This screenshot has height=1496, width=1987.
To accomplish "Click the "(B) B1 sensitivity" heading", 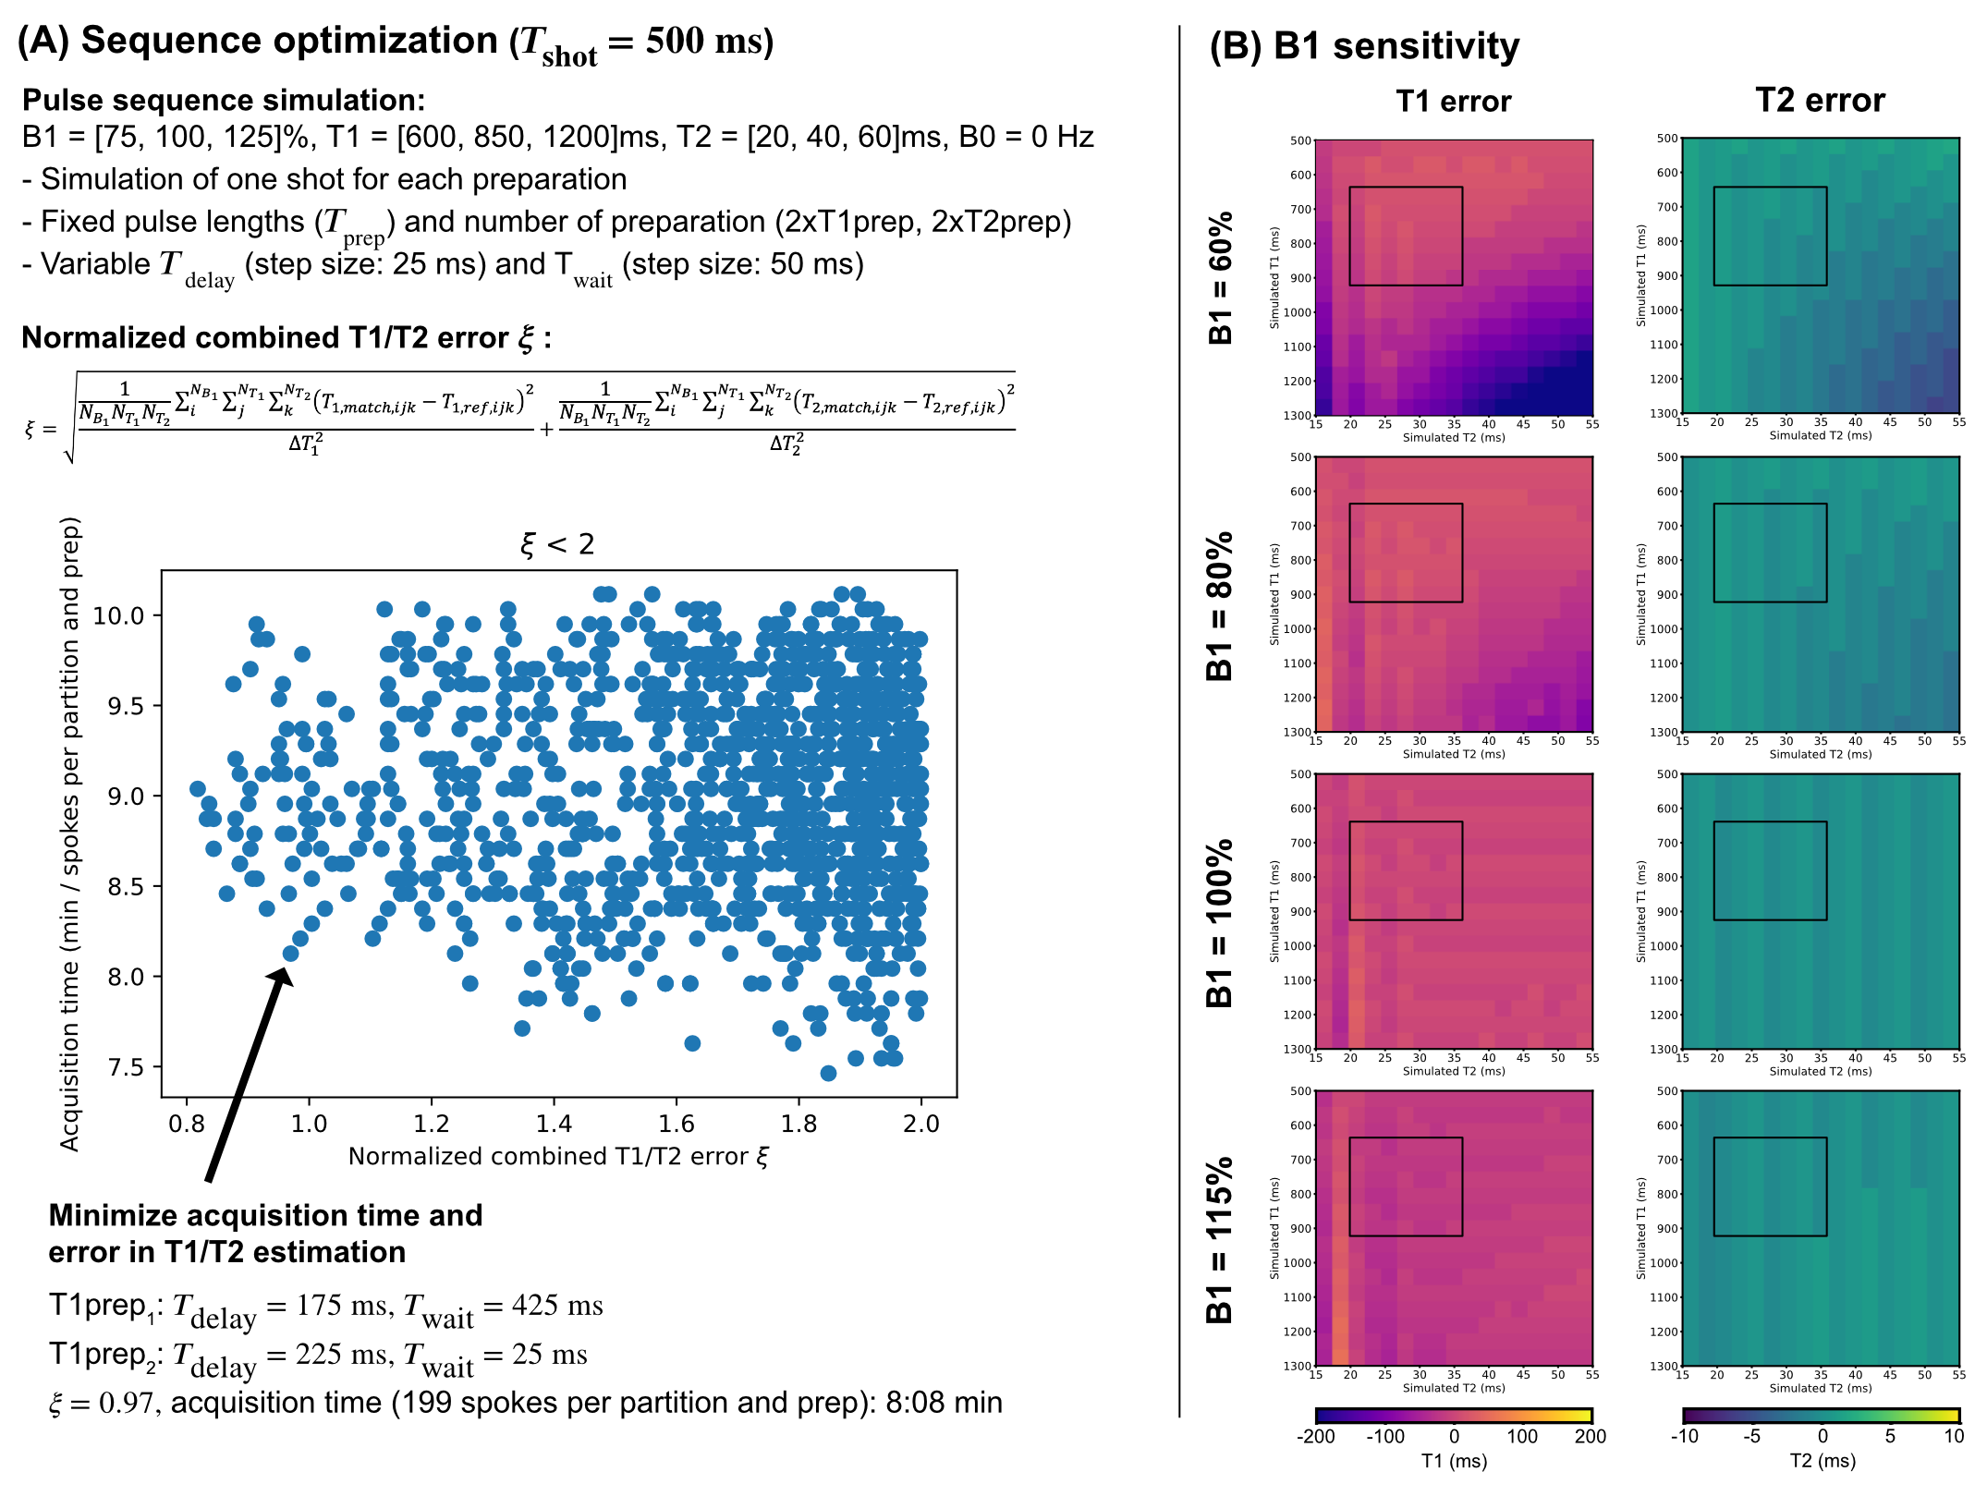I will click(x=1364, y=46).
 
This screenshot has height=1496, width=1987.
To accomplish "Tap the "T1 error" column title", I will click(x=1453, y=101).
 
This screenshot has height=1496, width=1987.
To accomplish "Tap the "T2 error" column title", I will click(x=1819, y=101).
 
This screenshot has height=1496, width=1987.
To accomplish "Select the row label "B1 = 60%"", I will click(x=1221, y=277).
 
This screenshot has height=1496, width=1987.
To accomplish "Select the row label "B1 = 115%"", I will click(x=1221, y=1239).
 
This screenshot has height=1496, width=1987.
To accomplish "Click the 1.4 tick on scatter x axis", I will click(x=554, y=1124).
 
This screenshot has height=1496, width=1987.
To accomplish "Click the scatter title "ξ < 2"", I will click(x=557, y=544).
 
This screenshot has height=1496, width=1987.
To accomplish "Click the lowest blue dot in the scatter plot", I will click(x=828, y=1073).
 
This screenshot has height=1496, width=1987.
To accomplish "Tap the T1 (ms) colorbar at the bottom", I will click(x=1453, y=1415).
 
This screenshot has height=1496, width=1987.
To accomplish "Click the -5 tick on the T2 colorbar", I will click(x=1751, y=1436).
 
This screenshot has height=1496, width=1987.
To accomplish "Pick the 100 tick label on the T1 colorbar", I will click(x=1522, y=1436).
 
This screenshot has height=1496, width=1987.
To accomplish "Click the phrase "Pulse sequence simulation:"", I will click(x=224, y=100).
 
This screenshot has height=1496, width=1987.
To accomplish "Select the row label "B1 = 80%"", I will click(x=1221, y=605).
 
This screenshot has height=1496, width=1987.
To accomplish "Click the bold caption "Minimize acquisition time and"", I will click(x=265, y=1215).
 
